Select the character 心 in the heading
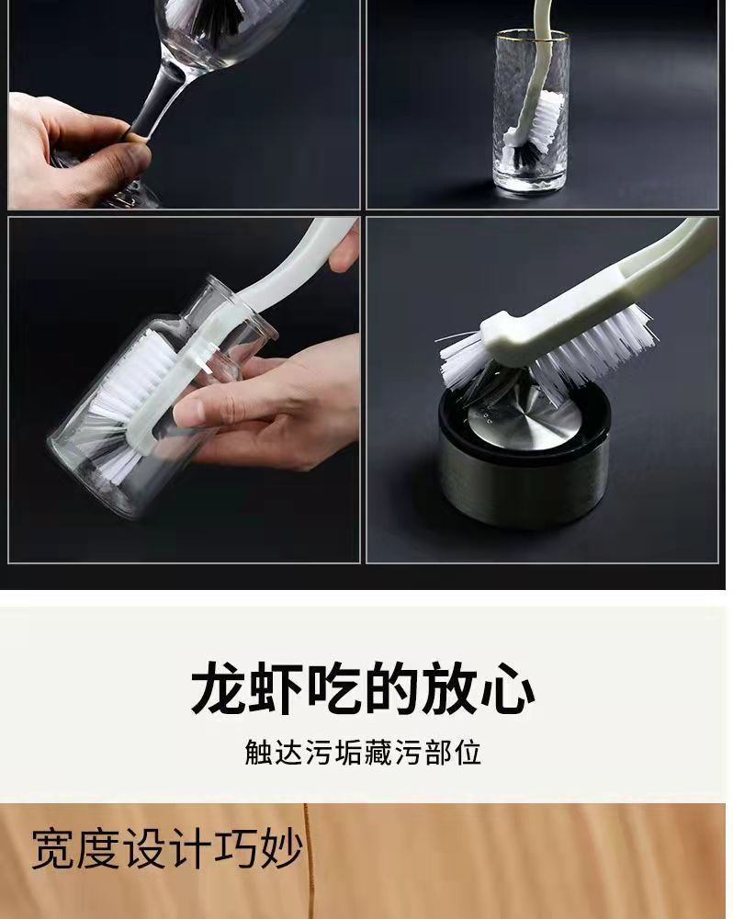pos(507,688)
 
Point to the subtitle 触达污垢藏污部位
pos(363,753)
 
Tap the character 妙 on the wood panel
pos(281,848)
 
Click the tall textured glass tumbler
pos(532,111)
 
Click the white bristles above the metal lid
pos(547,357)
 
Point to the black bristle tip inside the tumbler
pos(525,154)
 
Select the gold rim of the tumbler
pos(532,34)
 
